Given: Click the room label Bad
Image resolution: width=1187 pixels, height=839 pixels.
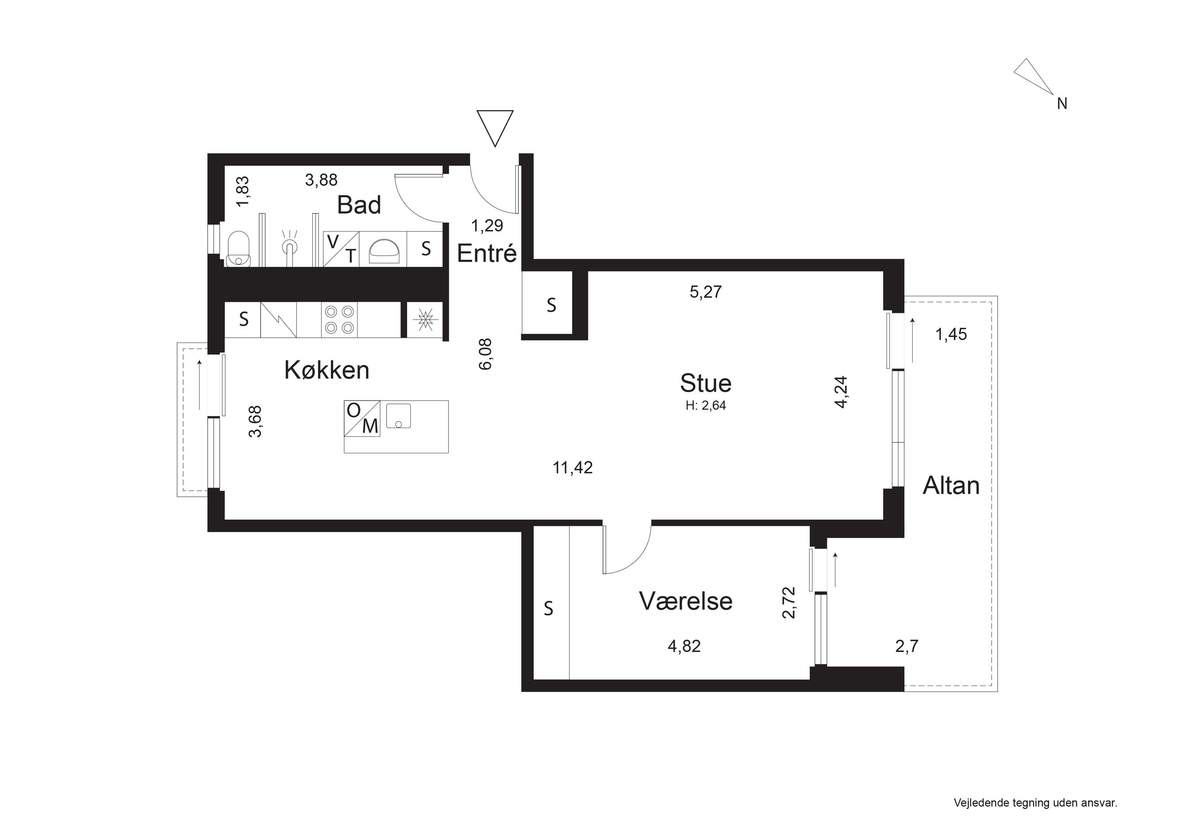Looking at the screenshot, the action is tap(359, 205).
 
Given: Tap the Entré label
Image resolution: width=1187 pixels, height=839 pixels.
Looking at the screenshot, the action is tap(487, 253).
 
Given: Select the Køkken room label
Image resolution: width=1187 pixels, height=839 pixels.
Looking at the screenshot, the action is tap(327, 370).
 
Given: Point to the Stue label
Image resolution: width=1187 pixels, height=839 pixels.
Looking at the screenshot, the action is tap(706, 383).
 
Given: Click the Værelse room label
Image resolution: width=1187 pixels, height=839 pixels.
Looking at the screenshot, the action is tap(686, 601).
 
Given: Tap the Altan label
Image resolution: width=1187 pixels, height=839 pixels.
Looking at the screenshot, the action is tap(951, 486).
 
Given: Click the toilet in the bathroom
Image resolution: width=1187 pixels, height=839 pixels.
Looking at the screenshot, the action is tap(239, 248).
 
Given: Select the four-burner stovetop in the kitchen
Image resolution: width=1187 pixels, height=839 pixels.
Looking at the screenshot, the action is tap(339, 320).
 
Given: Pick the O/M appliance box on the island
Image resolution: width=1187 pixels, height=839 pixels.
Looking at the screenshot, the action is tap(362, 418).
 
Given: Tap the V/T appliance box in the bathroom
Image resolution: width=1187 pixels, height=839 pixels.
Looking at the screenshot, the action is tap(341, 249).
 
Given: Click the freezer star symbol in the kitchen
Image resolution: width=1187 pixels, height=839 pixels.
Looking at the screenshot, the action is tap(425, 320).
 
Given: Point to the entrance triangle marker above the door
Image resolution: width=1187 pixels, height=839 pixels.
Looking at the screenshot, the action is tap(495, 128).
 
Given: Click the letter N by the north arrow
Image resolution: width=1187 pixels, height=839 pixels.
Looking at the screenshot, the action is tap(1062, 104).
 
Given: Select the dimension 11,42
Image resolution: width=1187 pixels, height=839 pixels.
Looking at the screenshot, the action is tap(573, 468).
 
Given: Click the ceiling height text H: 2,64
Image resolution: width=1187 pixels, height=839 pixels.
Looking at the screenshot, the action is tap(706, 406).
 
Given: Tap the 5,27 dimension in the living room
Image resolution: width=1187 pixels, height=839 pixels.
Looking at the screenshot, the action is tap(706, 292).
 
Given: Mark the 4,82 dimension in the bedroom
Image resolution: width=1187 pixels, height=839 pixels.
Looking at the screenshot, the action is tap(684, 646).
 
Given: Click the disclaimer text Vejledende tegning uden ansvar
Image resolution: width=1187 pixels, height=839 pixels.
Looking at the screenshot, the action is tap(1035, 803).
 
